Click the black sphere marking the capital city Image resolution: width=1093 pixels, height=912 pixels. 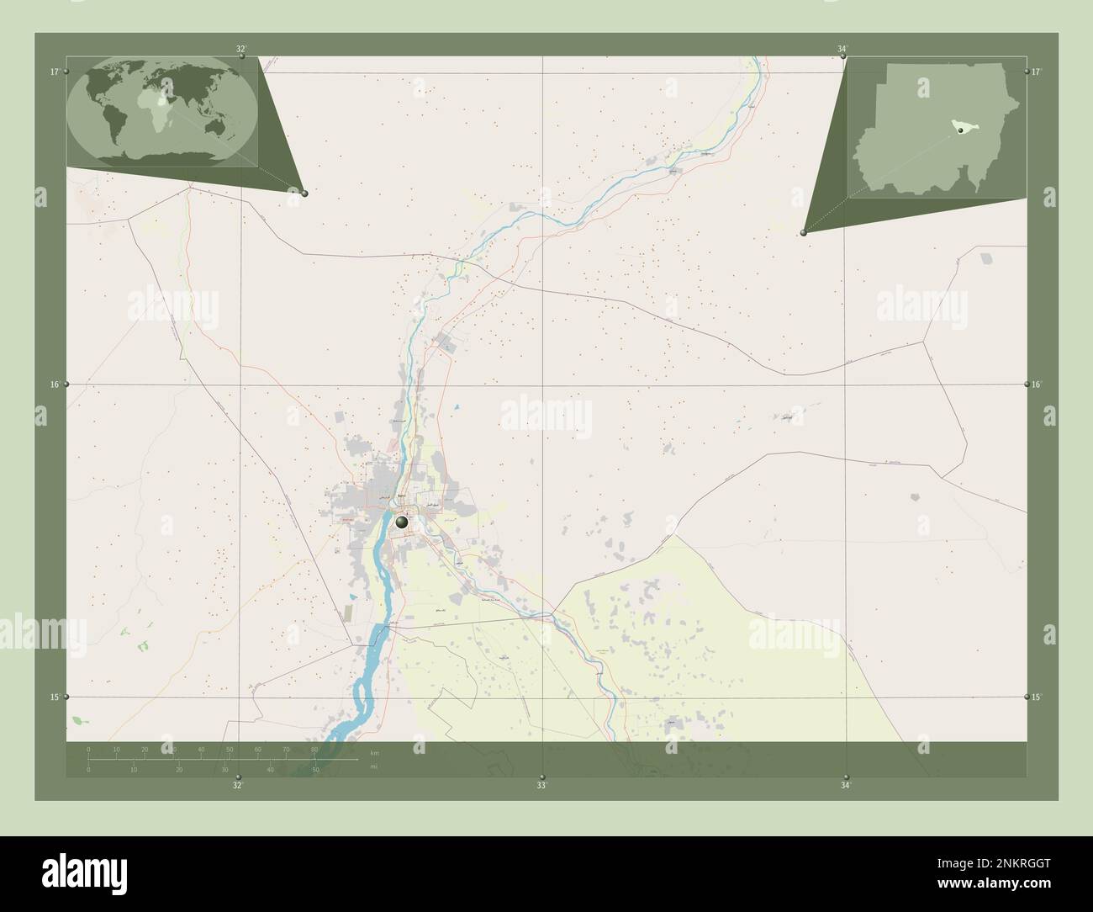tap(402, 522)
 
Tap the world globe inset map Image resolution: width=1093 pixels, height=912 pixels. tap(162, 112)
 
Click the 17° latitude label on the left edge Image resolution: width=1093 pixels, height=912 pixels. tap(54, 72)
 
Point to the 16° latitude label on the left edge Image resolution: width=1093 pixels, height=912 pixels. tap(54, 384)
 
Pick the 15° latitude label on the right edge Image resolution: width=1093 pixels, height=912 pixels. tap(1038, 697)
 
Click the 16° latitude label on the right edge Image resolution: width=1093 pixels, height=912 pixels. tap(1038, 384)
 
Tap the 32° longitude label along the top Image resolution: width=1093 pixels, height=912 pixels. tap(241, 49)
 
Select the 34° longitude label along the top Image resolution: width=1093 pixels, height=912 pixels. tap(842, 49)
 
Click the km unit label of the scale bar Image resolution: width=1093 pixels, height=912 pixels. tap(374, 752)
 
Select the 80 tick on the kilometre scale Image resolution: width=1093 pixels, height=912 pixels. tap(314, 749)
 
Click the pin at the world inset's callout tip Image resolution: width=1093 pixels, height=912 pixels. tap(304, 194)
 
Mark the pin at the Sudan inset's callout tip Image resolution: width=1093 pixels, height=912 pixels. tap(804, 233)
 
